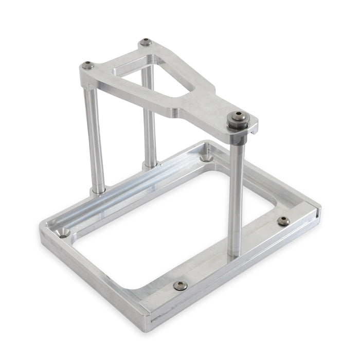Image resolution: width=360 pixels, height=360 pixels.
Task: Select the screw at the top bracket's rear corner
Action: (x=146, y=42)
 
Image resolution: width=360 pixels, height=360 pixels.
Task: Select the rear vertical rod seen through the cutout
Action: (x=149, y=118)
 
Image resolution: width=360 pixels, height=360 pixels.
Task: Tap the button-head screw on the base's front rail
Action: (x=180, y=285)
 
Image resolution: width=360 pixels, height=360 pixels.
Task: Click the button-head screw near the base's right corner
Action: (x=283, y=221)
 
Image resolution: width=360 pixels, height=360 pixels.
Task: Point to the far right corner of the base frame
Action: (x=319, y=208)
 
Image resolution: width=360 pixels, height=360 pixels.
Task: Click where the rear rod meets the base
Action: (x=150, y=164)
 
